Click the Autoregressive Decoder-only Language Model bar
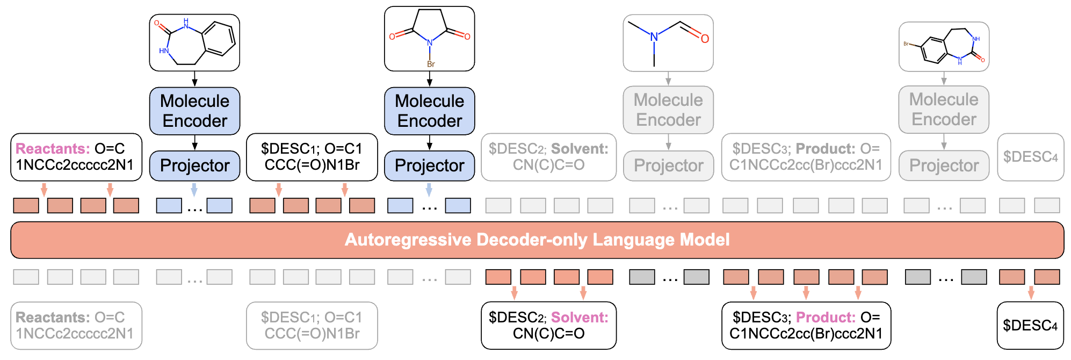pos(537,240)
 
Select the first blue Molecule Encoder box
pos(194,111)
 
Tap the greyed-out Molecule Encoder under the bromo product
pos(944,110)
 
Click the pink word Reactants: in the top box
pos(53,149)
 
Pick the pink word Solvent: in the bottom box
pos(580,318)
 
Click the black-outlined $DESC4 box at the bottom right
pos(1030,325)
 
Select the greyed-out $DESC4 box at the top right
pos(1030,157)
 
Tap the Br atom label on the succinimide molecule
pos(431,64)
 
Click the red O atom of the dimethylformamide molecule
pos(705,39)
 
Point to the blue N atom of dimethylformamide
pos(654,37)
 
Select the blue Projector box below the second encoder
pos(429,165)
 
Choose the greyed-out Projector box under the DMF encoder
pos(668,165)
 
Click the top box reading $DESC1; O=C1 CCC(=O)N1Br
pos(312,157)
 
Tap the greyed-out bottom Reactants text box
pos(76,325)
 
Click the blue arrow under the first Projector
pos(194,189)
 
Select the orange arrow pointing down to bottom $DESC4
pos(1031,292)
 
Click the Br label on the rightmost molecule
pos(906,44)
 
